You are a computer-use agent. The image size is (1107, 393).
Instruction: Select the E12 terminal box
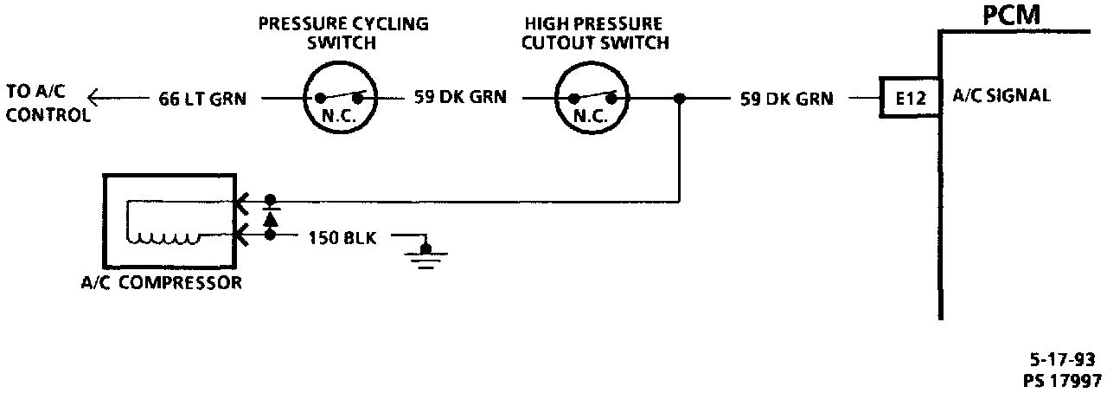click(x=909, y=99)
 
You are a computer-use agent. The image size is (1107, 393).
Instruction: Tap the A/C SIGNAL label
click(x=1001, y=97)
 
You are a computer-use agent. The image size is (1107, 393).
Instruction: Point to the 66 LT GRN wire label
click(x=202, y=99)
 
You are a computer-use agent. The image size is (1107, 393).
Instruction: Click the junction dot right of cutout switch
click(x=681, y=99)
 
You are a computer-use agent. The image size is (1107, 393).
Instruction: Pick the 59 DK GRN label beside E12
click(x=787, y=99)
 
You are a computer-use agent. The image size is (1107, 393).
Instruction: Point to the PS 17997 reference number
click(x=1062, y=379)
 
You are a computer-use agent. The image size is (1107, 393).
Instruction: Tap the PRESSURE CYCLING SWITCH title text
click(x=343, y=33)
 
